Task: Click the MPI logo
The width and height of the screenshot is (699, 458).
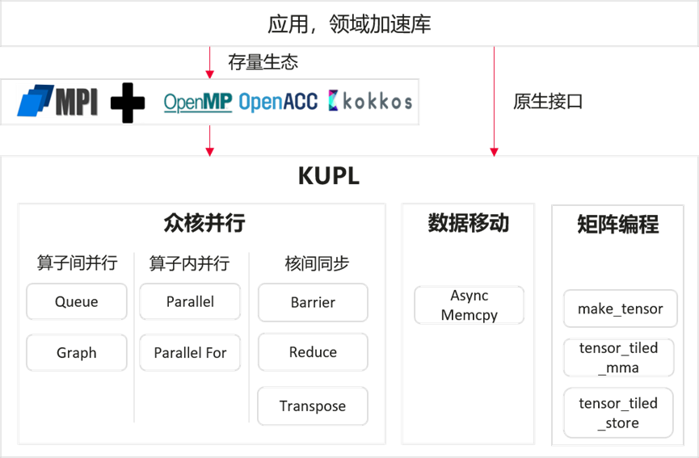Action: point(57,101)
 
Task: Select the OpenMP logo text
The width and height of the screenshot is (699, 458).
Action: point(198,102)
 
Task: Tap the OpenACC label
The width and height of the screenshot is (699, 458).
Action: point(278,102)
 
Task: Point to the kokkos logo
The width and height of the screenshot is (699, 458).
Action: point(370,101)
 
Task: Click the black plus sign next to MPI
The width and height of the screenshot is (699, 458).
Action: point(128,103)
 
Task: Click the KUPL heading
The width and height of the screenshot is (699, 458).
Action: point(328,177)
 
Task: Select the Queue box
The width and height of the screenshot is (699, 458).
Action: point(77,302)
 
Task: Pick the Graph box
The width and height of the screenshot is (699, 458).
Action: point(77,353)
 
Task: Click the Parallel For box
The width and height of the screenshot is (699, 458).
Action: point(190,353)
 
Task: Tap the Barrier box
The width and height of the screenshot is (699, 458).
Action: point(313,302)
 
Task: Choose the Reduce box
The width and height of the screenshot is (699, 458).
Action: point(313,352)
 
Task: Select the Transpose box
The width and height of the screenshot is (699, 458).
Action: point(313,406)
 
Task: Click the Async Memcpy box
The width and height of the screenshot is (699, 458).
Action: point(469,305)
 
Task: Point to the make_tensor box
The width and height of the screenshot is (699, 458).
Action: point(620,309)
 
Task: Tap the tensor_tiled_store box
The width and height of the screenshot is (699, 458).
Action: point(620,413)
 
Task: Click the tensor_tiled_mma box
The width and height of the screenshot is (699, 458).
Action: point(620,358)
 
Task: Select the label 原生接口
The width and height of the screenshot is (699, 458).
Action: point(548,102)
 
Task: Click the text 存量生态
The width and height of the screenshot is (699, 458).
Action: point(263,62)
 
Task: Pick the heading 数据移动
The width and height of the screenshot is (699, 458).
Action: point(468,224)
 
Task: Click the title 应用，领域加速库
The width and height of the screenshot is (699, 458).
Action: point(349,24)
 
